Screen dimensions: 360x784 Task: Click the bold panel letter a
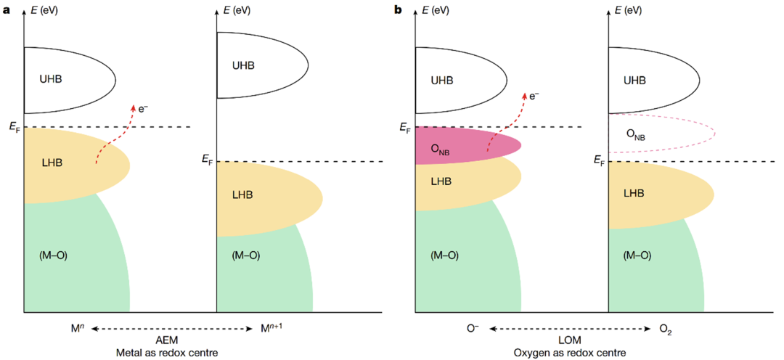click(7, 10)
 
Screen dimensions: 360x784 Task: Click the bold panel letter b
click(397, 10)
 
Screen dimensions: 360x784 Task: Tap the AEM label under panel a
click(168, 340)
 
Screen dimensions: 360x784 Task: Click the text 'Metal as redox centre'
click(168, 352)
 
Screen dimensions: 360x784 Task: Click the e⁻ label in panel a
click(144, 109)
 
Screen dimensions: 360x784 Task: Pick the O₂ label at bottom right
click(666, 330)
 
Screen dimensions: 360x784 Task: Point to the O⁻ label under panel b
click(472, 329)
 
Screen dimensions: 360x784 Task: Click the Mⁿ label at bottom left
click(77, 329)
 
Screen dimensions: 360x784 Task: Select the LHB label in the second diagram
click(243, 195)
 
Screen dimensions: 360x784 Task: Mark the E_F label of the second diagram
click(207, 157)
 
